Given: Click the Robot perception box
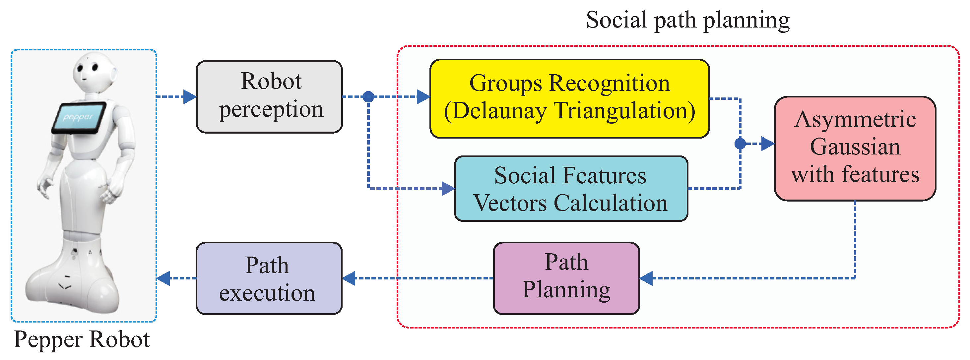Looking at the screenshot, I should point(269,97).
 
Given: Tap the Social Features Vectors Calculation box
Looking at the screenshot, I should point(571,189).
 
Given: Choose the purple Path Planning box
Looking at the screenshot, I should point(566,278).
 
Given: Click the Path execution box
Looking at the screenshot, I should point(269,278).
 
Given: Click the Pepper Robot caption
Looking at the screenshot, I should point(82,339).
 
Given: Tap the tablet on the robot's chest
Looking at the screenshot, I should point(78,117).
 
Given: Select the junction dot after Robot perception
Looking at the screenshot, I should point(368,97).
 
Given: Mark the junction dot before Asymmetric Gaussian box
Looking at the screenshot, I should point(740,144).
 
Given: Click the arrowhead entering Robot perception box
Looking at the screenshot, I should point(189,97).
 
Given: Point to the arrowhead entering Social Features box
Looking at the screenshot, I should point(448,188).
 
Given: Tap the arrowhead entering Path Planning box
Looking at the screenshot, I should point(646,278).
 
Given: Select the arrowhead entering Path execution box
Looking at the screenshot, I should point(349,278).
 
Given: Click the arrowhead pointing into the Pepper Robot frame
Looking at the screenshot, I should point(163,278).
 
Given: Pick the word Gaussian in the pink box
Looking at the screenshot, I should point(855,147).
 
